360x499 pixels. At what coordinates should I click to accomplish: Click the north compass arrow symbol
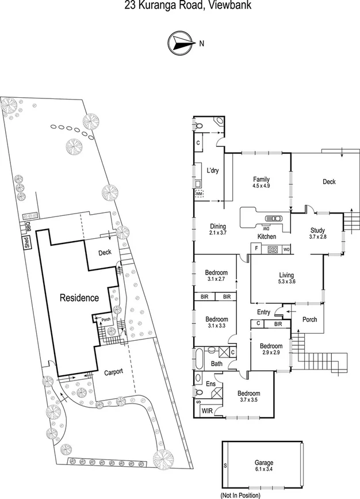(180, 42)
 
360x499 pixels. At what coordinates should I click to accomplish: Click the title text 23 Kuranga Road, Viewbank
(179, 5)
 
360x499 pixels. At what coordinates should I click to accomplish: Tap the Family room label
(261, 182)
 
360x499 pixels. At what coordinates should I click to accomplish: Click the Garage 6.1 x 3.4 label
(265, 466)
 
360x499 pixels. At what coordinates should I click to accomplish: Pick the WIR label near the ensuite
(206, 412)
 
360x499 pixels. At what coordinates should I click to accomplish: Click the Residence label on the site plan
(80, 298)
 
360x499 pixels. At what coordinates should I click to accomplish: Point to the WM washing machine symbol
(200, 194)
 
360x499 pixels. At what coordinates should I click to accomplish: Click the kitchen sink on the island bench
(273, 218)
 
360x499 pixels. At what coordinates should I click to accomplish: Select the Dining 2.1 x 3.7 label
(217, 230)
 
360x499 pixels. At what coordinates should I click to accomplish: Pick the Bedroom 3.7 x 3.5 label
(248, 397)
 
